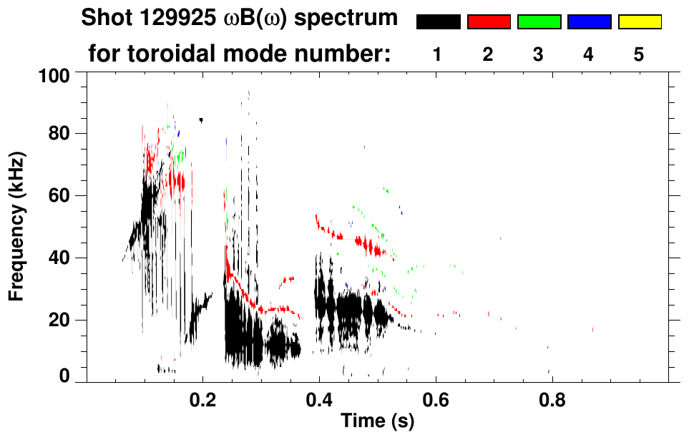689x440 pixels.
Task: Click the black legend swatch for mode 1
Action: pos(438,22)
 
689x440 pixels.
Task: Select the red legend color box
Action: pos(489,22)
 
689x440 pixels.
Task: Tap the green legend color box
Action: pos(539,22)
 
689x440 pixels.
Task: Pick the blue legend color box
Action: pos(589,22)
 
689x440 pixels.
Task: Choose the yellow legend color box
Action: pos(639,22)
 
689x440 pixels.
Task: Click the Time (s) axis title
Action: pos(376,422)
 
